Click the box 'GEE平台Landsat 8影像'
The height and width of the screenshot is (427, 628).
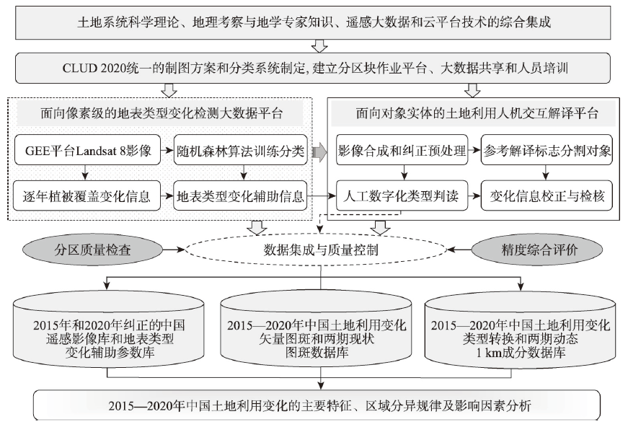[x=87, y=150]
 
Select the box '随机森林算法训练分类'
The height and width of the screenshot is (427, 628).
[x=240, y=150]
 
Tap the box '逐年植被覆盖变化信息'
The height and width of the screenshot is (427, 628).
[x=87, y=196]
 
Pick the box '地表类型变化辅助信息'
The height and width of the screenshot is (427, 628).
[x=240, y=196]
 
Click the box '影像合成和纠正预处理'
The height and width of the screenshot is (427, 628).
[x=402, y=150]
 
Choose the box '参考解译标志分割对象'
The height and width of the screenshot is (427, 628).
[x=547, y=150]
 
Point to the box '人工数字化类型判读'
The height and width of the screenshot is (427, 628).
[x=402, y=196]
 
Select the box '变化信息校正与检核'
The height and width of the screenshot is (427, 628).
[x=547, y=196]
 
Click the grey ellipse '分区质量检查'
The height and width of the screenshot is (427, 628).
[x=92, y=250]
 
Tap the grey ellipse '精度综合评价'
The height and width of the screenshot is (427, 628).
[x=537, y=250]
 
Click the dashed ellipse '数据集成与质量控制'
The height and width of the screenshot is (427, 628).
[x=317, y=250]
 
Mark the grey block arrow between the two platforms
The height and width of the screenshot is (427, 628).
[x=319, y=151]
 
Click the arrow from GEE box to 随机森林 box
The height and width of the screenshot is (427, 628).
[x=167, y=151]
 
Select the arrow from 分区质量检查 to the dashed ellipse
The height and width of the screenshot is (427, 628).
[x=174, y=250]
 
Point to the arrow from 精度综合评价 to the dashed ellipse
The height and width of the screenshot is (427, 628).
[x=459, y=250]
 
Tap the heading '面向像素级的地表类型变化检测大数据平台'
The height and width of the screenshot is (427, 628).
[x=162, y=113]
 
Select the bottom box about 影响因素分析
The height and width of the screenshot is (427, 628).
[x=317, y=405]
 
